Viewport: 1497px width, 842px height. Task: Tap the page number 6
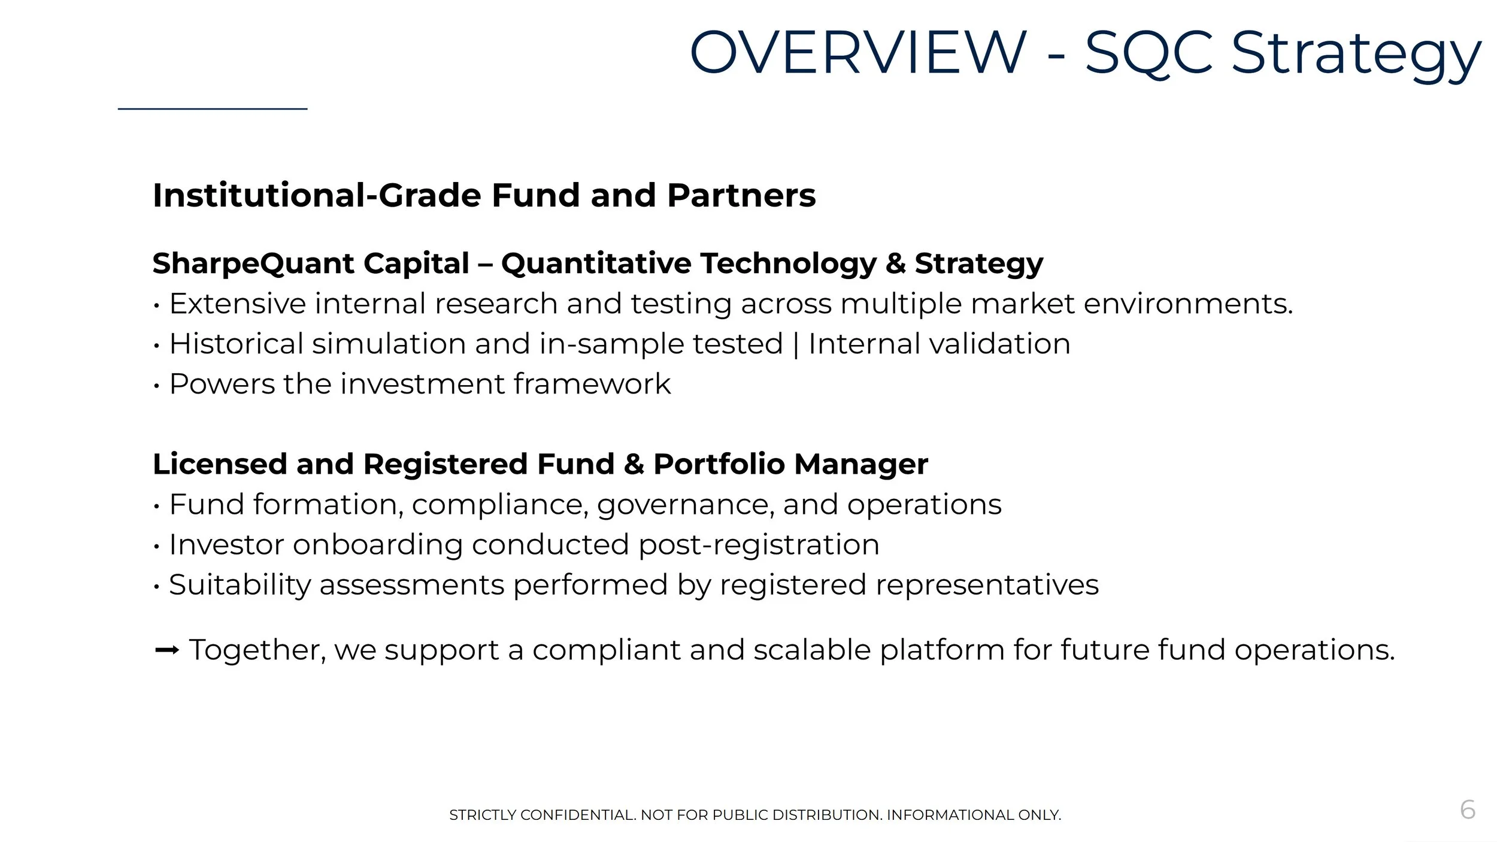pyautogui.click(x=1468, y=810)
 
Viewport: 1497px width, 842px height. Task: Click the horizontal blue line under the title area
pyautogui.click(x=213, y=109)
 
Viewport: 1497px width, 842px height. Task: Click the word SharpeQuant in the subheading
pyautogui.click(x=253, y=263)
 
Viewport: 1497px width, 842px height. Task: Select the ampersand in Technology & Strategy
pyautogui.click(x=895, y=263)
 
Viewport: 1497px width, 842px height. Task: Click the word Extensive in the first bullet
pyautogui.click(x=238, y=304)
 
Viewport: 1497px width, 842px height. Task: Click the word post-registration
pyautogui.click(x=759, y=545)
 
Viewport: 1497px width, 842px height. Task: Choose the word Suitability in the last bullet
pyautogui.click(x=240, y=585)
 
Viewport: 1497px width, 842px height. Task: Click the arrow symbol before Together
pyautogui.click(x=166, y=650)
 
